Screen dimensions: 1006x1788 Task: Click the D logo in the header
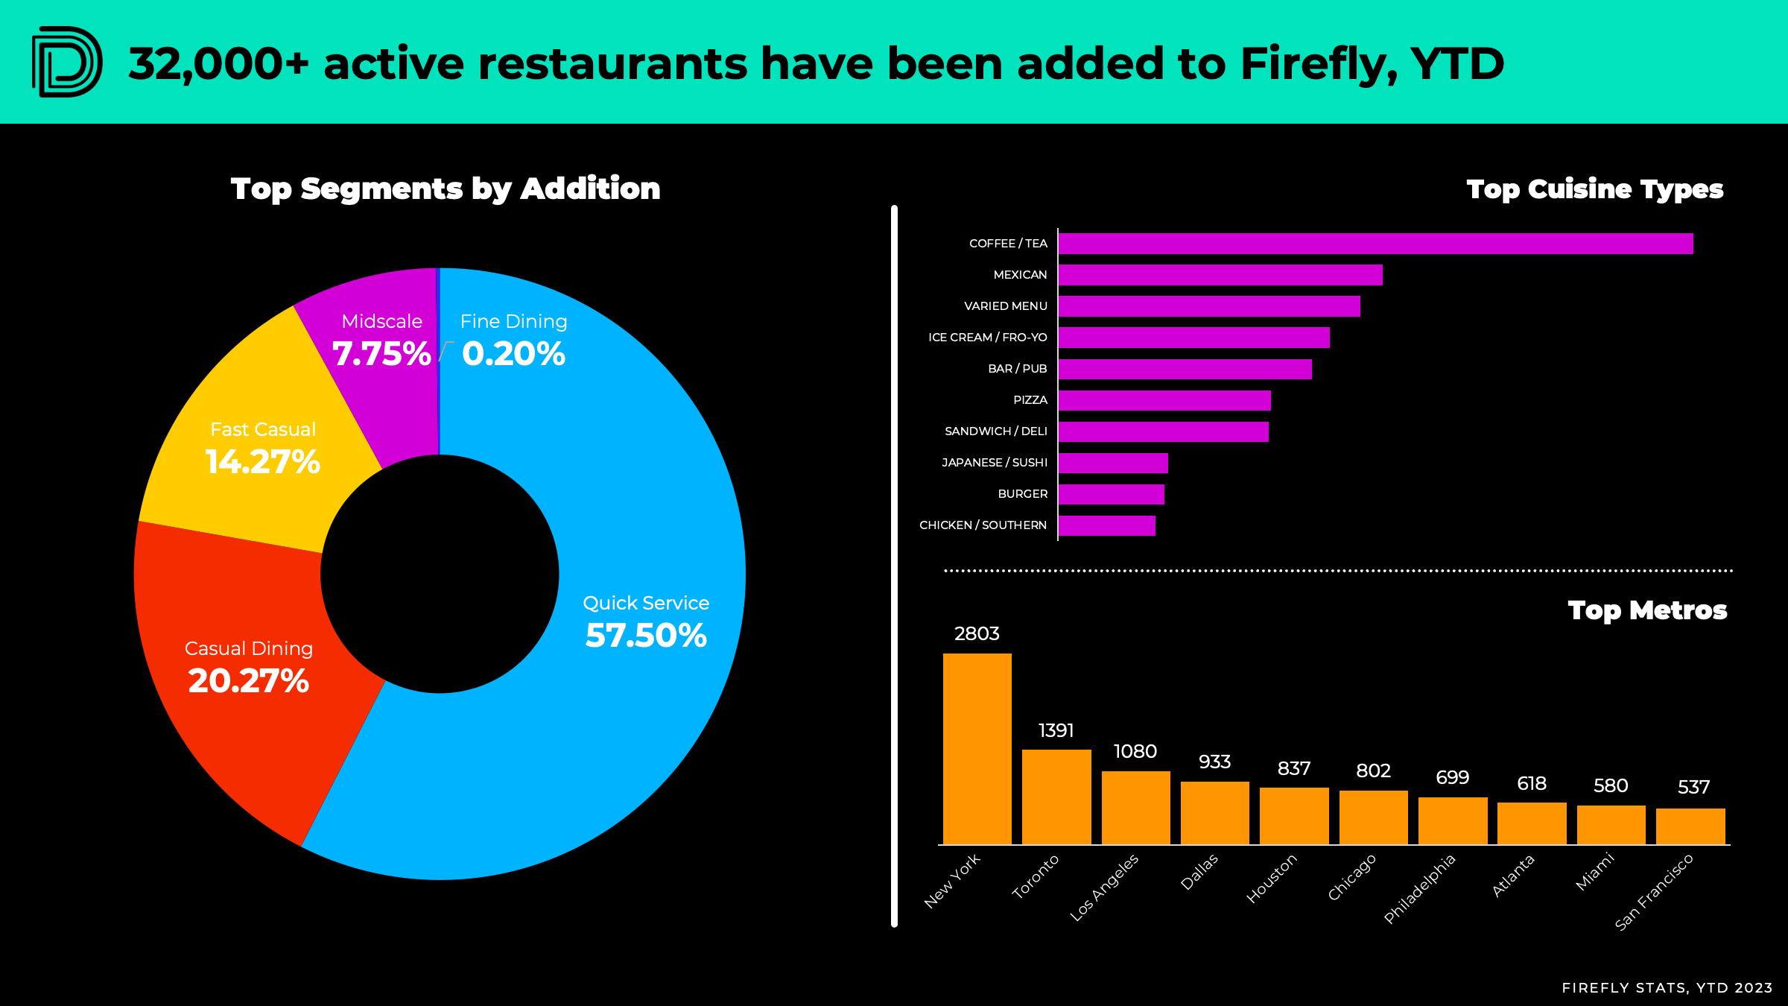tap(67, 62)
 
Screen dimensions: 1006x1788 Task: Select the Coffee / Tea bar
tap(1375, 244)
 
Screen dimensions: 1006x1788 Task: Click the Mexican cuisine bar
tap(1220, 275)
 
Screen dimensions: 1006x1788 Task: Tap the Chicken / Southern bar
tap(1106, 525)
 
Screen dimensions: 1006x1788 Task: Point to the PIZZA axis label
tap(1030, 400)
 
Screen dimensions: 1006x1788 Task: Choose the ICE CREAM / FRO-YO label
tap(987, 338)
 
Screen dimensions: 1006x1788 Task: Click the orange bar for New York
tap(977, 748)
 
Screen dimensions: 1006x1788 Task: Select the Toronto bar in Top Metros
tap(1056, 797)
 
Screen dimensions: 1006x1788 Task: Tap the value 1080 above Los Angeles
tap(1135, 751)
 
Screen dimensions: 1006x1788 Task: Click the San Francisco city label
tap(1654, 892)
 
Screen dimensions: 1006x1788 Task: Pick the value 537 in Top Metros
tap(1693, 787)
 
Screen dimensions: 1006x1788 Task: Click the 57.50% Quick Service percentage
tap(645, 636)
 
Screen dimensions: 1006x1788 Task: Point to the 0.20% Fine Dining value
tap(513, 354)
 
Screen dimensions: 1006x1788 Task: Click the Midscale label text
tap(381, 321)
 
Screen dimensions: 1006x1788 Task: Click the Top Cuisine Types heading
tap(1594, 189)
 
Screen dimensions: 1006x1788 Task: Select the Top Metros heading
tap(1646, 610)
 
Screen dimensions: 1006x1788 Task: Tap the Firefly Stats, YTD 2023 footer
tap(1667, 987)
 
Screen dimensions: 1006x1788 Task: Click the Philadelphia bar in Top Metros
tap(1452, 820)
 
